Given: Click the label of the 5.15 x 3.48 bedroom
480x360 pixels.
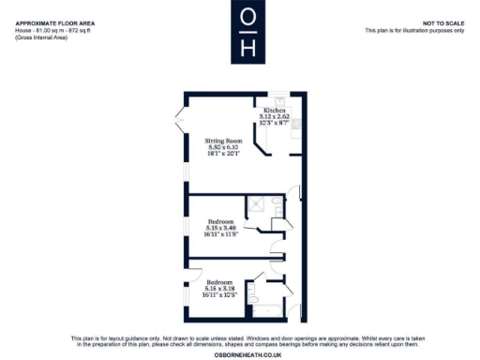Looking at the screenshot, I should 220,221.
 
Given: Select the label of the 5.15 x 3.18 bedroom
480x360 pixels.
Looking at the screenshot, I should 220,282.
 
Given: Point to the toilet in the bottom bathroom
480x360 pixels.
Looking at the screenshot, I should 255,301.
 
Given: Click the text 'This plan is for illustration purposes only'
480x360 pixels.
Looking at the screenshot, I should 413,30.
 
